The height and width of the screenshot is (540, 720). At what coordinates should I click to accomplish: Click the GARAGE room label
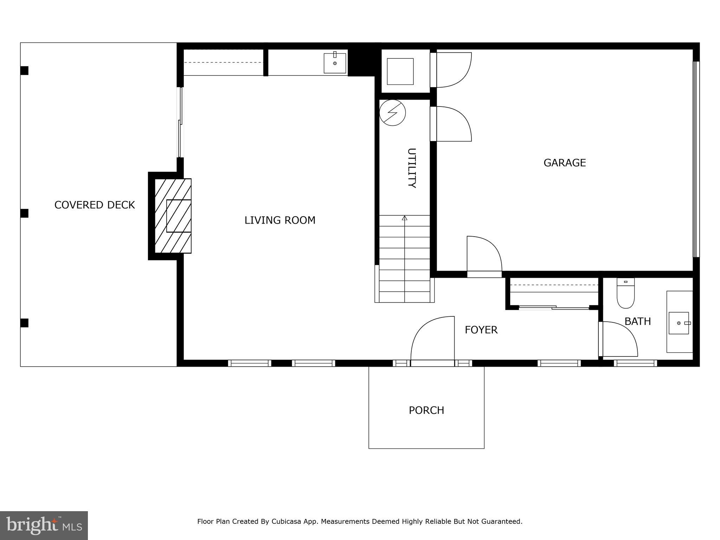[564, 163]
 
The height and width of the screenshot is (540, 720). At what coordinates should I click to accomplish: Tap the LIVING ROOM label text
[280, 220]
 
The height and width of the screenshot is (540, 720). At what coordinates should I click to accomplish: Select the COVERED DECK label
[95, 205]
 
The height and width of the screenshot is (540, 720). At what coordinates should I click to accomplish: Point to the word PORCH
[426, 410]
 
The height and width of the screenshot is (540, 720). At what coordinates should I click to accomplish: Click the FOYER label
[481, 330]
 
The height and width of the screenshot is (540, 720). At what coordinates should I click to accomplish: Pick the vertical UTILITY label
[411, 168]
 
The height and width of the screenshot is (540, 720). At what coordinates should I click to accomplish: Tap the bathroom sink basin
[678, 323]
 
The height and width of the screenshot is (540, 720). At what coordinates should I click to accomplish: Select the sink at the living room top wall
[335, 63]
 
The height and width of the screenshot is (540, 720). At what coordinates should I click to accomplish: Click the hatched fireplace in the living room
[173, 216]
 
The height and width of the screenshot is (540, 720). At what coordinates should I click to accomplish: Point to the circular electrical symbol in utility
[392, 113]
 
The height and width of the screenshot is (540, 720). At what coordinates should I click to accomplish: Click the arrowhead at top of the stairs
[404, 218]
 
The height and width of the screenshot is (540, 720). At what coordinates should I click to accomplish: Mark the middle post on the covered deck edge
[24, 213]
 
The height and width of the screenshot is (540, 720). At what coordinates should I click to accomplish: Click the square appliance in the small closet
[400, 71]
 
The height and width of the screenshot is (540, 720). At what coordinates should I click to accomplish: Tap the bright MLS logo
[44, 526]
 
